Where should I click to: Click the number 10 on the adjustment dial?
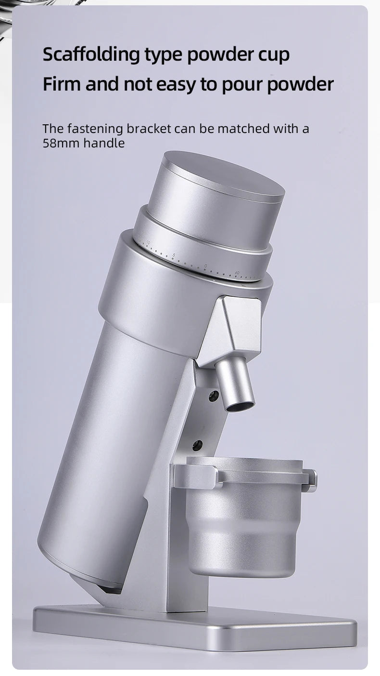tap(148, 243)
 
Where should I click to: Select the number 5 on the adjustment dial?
tap(174, 255)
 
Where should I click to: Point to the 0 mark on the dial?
tap(206, 266)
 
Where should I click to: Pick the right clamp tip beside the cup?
tap(311, 481)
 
